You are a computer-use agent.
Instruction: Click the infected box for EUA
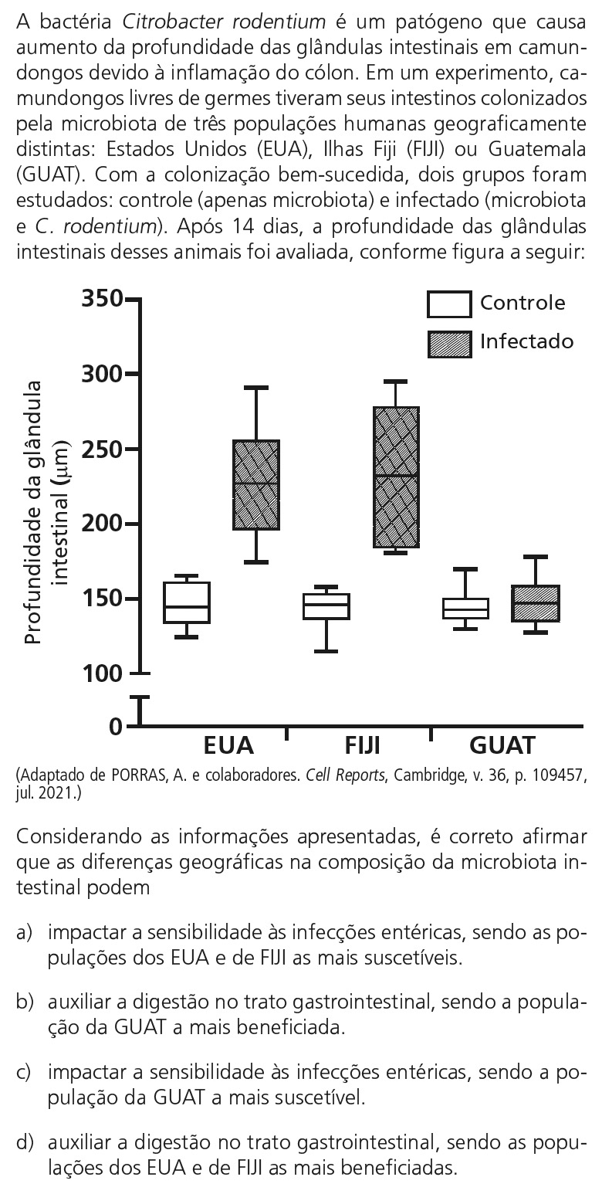pyautogui.click(x=257, y=485)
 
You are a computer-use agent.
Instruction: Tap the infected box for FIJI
pyautogui.click(x=395, y=477)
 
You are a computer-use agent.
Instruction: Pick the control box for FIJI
pyautogui.click(x=326, y=606)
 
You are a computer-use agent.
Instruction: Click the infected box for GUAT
pyautogui.click(x=535, y=603)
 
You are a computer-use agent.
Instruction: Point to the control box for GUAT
pyautogui.click(x=465, y=608)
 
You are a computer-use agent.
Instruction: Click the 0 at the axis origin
pyautogui.click(x=116, y=727)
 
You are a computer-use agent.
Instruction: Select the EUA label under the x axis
pyautogui.click(x=228, y=746)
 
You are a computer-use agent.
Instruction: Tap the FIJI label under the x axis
pyautogui.click(x=362, y=746)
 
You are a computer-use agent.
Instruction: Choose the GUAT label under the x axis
pyautogui.click(x=502, y=746)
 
